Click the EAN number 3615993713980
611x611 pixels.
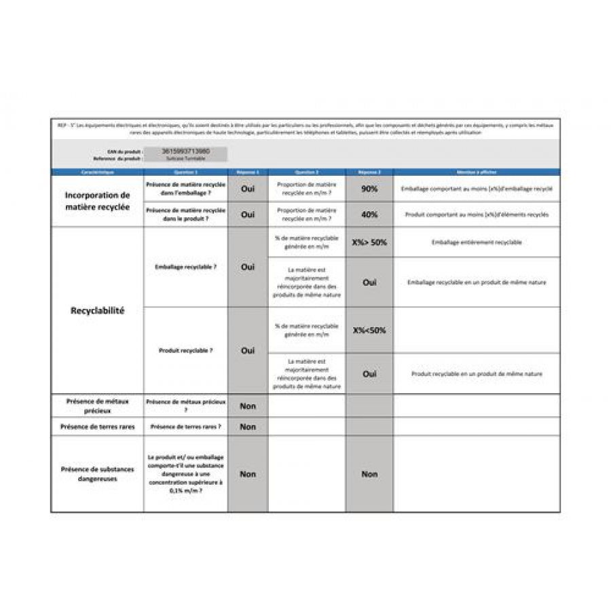click(x=186, y=151)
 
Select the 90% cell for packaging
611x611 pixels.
click(x=369, y=189)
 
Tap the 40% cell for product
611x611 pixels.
click(x=369, y=215)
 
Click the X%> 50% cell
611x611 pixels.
click(x=369, y=242)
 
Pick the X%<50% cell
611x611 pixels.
click(x=369, y=331)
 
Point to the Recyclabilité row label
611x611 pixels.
click(x=97, y=311)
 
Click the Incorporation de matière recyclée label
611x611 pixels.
click(x=97, y=201)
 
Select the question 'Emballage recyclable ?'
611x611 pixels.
click(x=185, y=267)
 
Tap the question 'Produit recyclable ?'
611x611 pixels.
click(x=185, y=351)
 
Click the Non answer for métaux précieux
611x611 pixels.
click(x=248, y=406)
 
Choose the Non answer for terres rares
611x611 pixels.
click(x=248, y=427)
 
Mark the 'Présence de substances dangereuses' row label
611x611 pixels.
click(x=97, y=474)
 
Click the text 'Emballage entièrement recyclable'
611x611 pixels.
click(x=477, y=242)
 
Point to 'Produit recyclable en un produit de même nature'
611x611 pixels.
click(x=477, y=374)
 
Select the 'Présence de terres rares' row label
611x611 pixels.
click(x=97, y=427)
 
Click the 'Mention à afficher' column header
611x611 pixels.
click(x=477, y=172)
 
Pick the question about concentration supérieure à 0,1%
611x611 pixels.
click(x=185, y=474)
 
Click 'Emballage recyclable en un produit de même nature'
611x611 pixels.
click(x=477, y=282)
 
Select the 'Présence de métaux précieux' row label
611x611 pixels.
click(x=97, y=406)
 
